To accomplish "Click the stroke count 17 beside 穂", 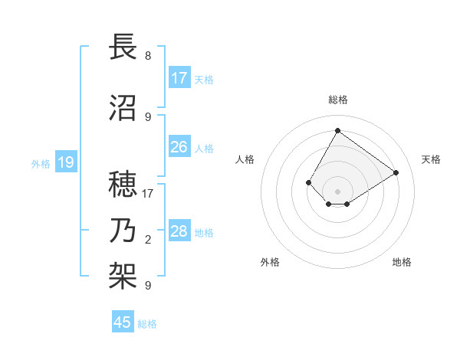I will (x=148, y=194).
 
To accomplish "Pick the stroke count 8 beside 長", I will (x=148, y=56).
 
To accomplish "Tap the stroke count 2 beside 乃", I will (x=148, y=240).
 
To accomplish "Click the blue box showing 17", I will (x=179, y=78).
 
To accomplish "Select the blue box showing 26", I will (x=179, y=147).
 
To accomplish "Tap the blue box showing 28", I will (x=179, y=231).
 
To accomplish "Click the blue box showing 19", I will (x=66, y=162).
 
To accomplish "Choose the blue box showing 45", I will (x=123, y=322).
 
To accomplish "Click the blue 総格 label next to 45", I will (x=147, y=324).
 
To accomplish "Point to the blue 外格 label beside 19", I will (x=41, y=163).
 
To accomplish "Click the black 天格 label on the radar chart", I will (x=431, y=159).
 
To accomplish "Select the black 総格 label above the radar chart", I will (x=337, y=100).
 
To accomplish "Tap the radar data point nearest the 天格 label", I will (x=396, y=172).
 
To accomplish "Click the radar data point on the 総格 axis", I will (x=337, y=130).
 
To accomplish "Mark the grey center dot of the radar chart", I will (x=337, y=191).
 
